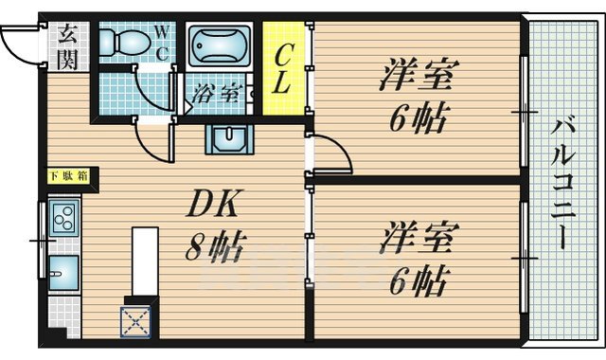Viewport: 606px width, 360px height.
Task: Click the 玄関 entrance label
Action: tap(67, 46)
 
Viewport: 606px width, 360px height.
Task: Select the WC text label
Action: tap(162, 43)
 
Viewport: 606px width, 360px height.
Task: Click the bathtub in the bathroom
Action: tap(221, 45)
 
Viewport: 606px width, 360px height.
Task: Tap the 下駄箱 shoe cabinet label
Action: tap(69, 175)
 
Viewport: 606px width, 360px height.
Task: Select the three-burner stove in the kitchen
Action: tap(63, 221)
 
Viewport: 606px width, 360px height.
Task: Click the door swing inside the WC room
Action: tap(151, 90)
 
